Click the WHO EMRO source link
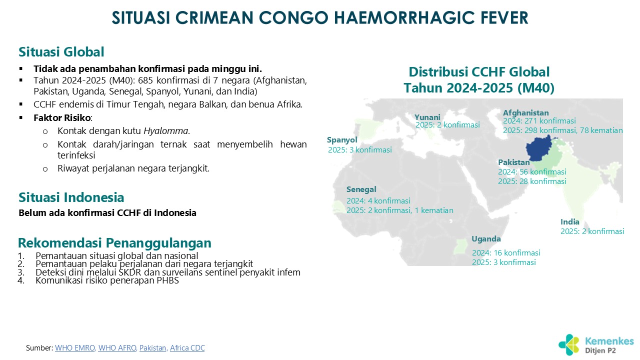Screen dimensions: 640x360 pos(75,347)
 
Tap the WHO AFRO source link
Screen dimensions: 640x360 pos(117,347)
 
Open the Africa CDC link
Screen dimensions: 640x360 pos(187,347)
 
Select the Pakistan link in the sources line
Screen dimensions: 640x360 pos(152,347)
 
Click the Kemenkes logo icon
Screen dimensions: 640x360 pos(569,345)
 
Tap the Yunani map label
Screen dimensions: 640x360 pos(427,117)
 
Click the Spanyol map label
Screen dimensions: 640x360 pos(342,139)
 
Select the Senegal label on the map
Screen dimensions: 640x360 pos(361,189)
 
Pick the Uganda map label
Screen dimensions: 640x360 pos(486,239)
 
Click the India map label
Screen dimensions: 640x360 pos(569,221)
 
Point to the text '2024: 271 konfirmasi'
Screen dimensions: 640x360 pos(539,121)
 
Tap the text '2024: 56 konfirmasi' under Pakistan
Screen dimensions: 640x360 pos(532,171)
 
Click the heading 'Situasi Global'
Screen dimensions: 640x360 pos(61,52)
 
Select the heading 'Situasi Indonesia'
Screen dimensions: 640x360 pos(71,197)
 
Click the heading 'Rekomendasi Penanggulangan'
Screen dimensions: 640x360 pos(114,243)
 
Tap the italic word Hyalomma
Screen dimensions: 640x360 pos(165,131)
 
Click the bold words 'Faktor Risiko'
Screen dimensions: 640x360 pos(62,117)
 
